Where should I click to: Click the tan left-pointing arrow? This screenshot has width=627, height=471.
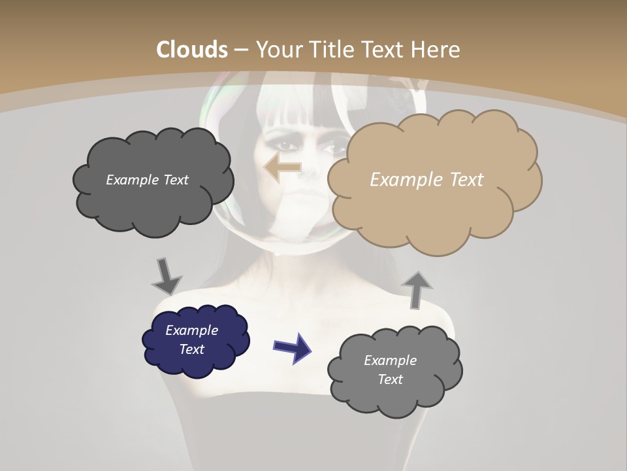click(282, 167)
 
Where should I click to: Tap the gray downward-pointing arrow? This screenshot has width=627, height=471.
click(167, 275)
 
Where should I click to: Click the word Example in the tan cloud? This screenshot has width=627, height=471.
click(400, 180)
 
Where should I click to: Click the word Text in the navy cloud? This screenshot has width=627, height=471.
click(192, 349)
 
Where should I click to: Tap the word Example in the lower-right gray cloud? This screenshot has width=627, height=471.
click(390, 360)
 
